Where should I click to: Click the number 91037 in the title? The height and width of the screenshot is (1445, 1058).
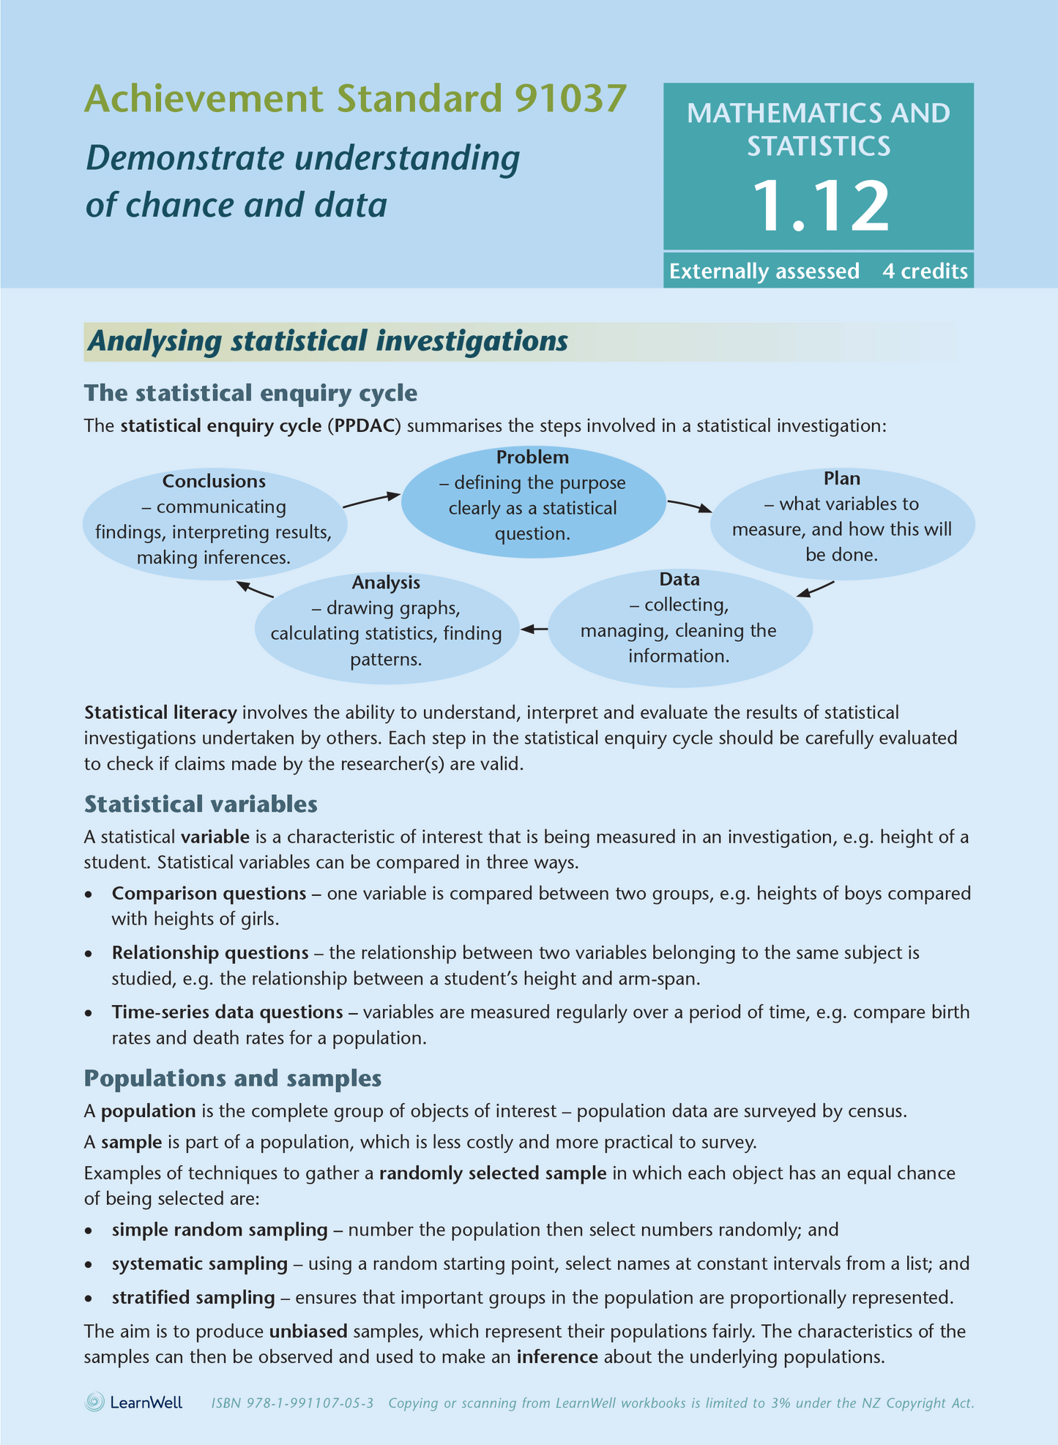pyautogui.click(x=570, y=99)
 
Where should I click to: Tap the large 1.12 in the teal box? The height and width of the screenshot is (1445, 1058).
pyautogui.click(x=819, y=206)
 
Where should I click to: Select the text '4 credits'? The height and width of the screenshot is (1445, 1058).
pyautogui.click(x=925, y=272)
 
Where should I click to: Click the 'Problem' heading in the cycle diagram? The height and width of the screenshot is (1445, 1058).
pyautogui.click(x=532, y=458)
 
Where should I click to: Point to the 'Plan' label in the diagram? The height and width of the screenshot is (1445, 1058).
pyautogui.click(x=841, y=479)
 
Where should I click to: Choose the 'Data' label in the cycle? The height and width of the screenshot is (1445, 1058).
pyautogui.click(x=679, y=580)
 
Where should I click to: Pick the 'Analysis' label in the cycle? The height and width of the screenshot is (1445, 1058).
pyautogui.click(x=386, y=583)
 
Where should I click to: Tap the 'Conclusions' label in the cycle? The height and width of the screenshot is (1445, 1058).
pyautogui.click(x=214, y=482)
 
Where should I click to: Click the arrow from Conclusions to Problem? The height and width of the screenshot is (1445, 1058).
pyautogui.click(x=372, y=500)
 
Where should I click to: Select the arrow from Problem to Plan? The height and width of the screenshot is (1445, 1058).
pyautogui.click(x=689, y=506)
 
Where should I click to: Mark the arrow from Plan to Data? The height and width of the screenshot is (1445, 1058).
pyautogui.click(x=815, y=589)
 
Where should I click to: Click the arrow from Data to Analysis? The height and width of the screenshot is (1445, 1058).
pyautogui.click(x=534, y=628)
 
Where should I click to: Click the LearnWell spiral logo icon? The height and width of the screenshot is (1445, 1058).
pyautogui.click(x=94, y=1403)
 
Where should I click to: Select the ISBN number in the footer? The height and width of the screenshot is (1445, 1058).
pyautogui.click(x=292, y=1403)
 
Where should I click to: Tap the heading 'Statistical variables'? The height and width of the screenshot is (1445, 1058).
pyautogui.click(x=201, y=804)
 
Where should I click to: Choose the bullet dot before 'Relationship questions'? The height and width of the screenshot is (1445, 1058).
pyautogui.click(x=89, y=954)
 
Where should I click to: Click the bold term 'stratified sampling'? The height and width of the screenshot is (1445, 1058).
pyautogui.click(x=193, y=1298)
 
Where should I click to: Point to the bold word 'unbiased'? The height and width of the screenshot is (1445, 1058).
pyautogui.click(x=308, y=1332)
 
